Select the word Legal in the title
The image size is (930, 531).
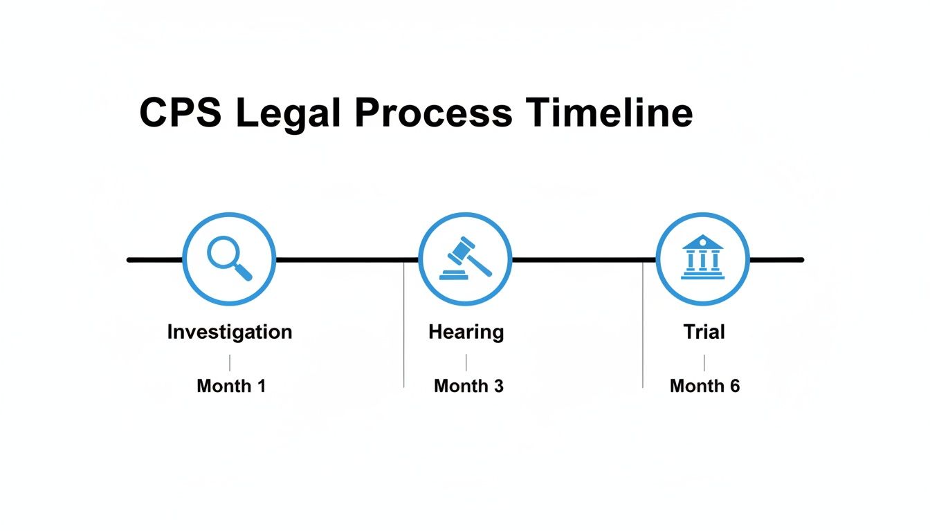(289, 113)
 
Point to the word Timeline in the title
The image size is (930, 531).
(609, 113)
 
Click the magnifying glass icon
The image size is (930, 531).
(229, 259)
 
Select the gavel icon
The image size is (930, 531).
(465, 259)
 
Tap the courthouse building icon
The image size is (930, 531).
(702, 257)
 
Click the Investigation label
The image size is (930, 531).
(230, 332)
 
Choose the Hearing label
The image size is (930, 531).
(466, 332)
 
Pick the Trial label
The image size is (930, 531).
(704, 332)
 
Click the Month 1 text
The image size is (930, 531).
(231, 386)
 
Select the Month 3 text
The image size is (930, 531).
(468, 386)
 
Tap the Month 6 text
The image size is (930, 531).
(704, 386)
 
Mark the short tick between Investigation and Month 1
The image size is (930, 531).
(230, 362)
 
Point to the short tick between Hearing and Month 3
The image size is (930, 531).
(466, 362)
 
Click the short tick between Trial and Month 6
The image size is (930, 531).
(704, 362)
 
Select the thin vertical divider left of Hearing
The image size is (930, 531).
(403, 325)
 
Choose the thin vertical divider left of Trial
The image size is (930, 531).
(643, 325)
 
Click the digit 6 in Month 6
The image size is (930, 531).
(734, 386)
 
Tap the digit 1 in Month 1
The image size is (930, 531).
(260, 386)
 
